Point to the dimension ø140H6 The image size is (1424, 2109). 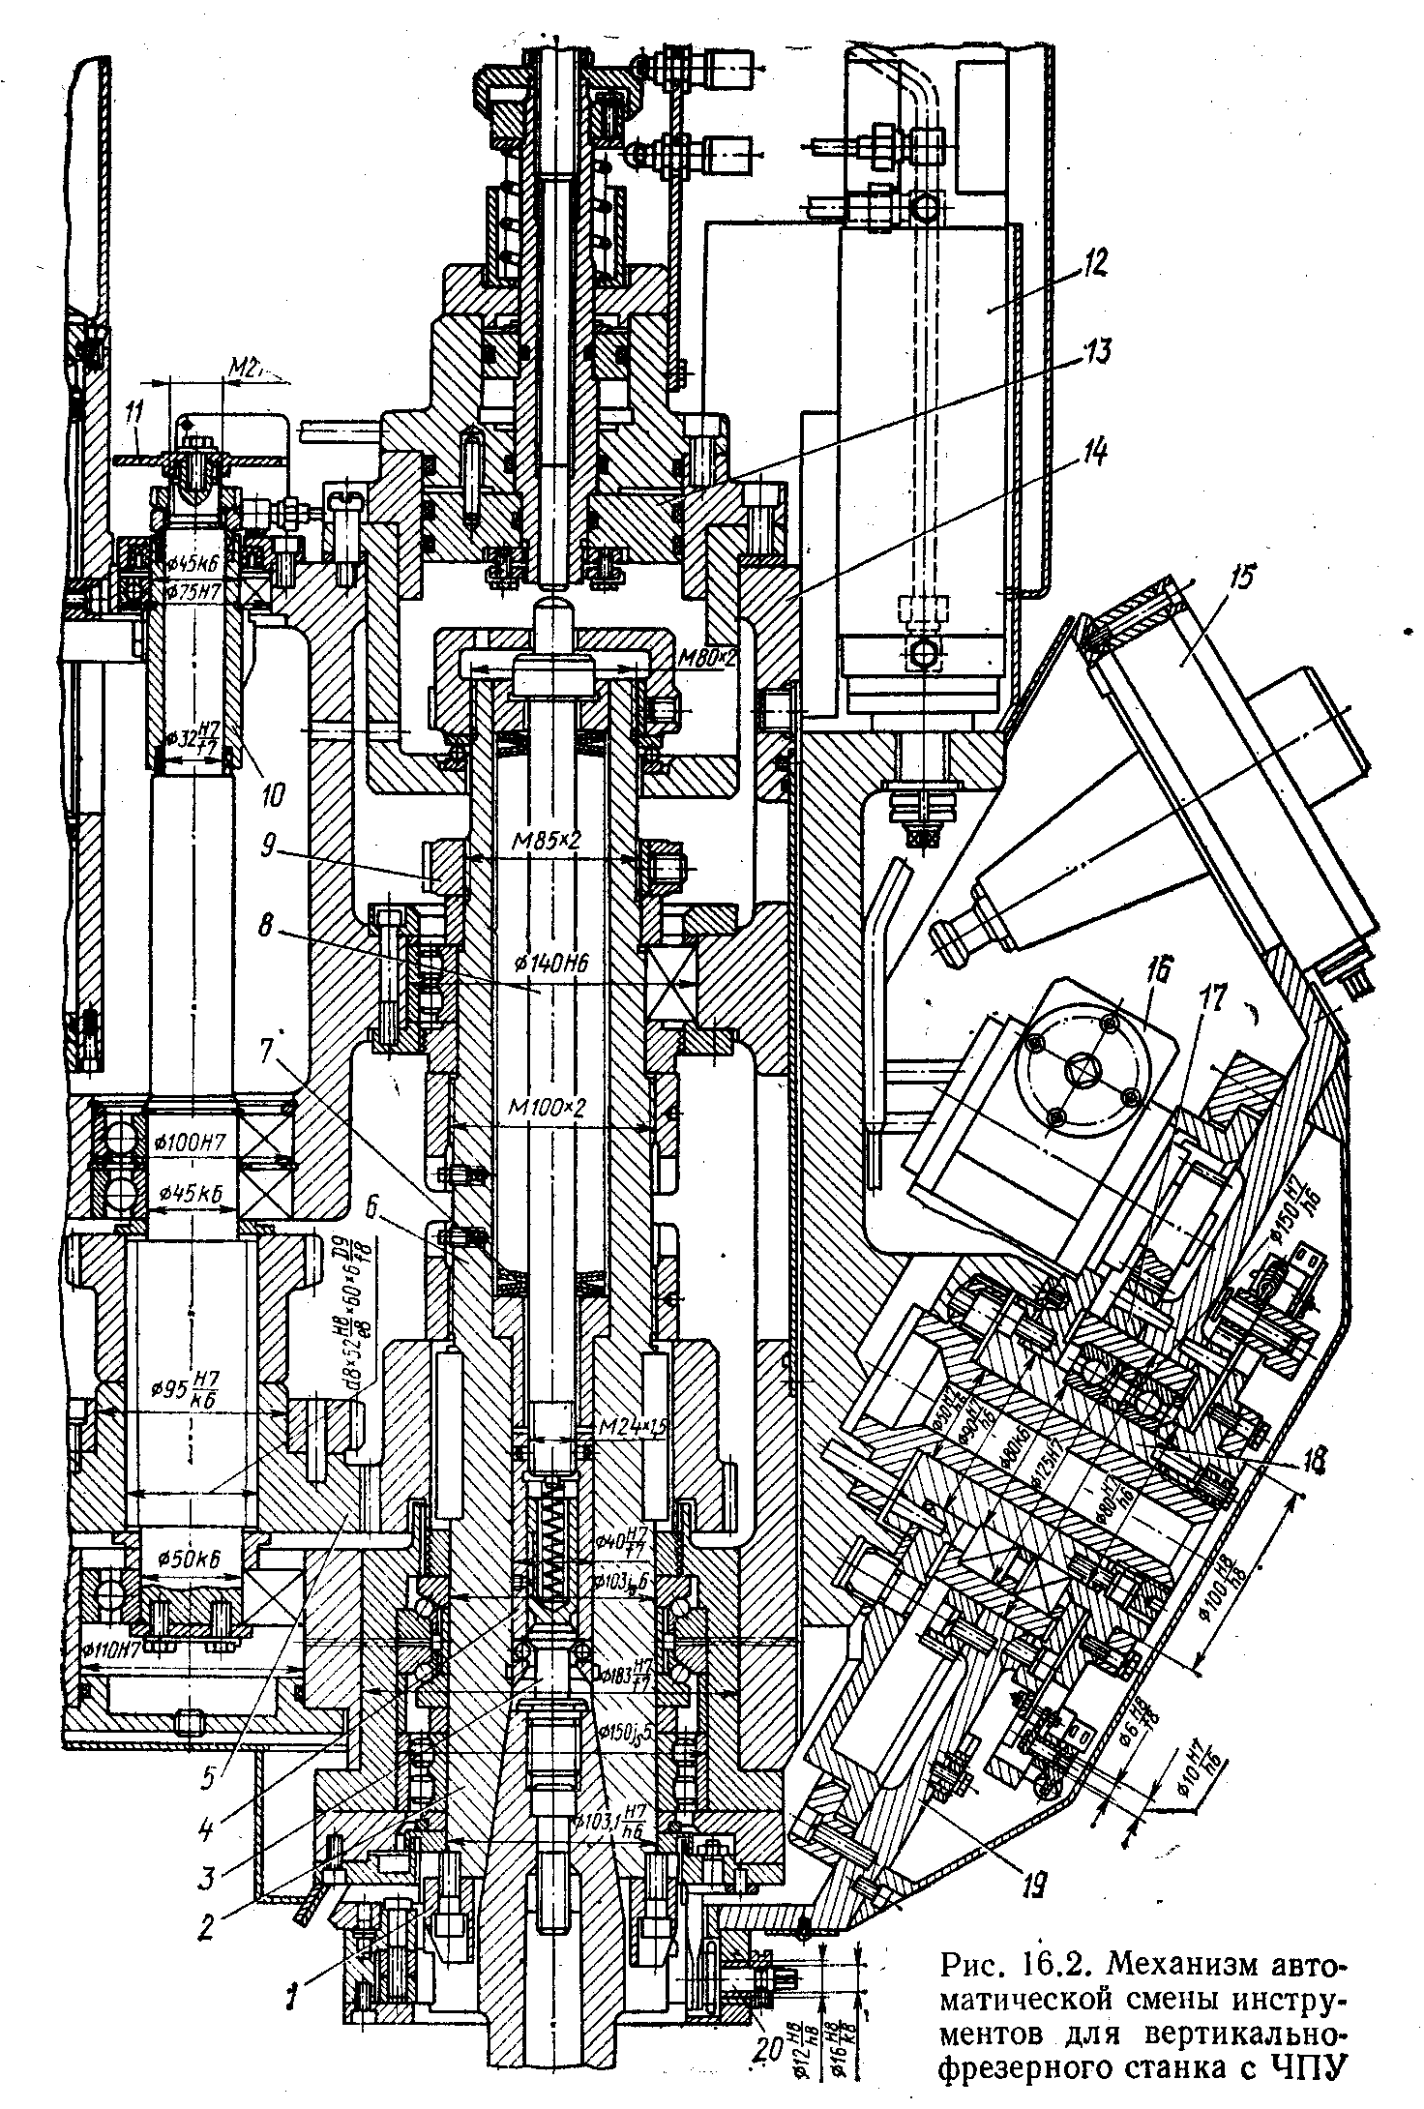pyautogui.click(x=549, y=963)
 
